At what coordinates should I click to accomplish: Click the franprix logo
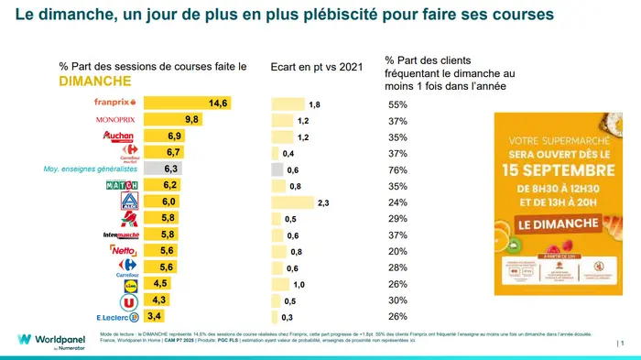click(114, 103)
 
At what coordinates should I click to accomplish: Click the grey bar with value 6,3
click(164, 169)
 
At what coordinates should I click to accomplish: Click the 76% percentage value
click(397, 169)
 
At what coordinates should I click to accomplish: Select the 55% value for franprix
click(397, 104)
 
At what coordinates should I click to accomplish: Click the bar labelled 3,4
click(154, 317)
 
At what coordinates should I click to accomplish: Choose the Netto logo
click(123, 250)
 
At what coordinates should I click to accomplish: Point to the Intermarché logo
click(121, 235)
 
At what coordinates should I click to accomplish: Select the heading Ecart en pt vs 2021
click(318, 67)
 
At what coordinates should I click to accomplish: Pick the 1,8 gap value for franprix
click(314, 104)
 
